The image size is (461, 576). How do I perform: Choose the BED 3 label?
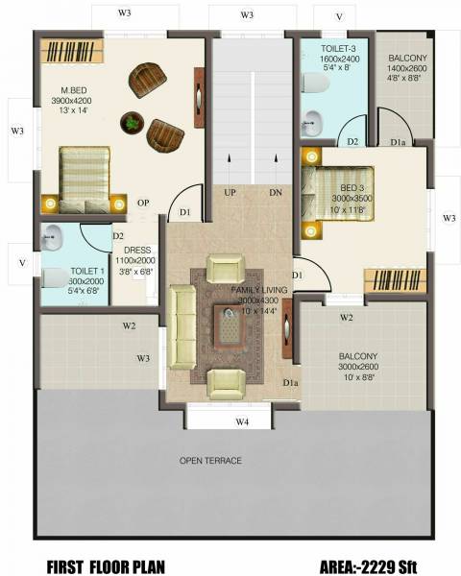[x=351, y=186]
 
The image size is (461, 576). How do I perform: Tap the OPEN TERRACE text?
[x=210, y=462]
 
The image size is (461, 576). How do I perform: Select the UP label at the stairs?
[x=230, y=193]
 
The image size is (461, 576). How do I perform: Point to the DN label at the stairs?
[x=276, y=193]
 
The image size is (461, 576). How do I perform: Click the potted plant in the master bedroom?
[x=132, y=122]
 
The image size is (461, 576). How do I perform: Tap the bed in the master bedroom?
[x=85, y=179]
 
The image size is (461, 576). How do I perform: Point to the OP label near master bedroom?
[x=142, y=203]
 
